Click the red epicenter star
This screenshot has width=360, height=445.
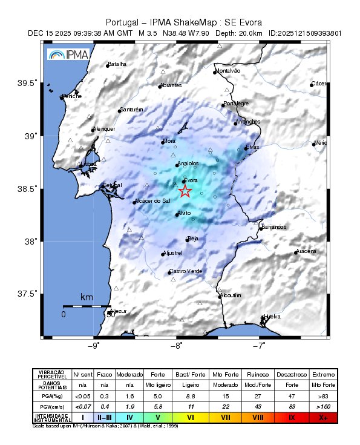pos(185,191)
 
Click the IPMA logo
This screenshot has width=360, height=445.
pos(68,55)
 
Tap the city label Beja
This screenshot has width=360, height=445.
pos(193,239)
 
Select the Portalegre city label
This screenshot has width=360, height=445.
pos(236,104)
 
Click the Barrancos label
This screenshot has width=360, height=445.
pos(273,226)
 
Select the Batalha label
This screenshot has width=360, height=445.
pos(117,64)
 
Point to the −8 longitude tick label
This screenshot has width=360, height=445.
pos(177,346)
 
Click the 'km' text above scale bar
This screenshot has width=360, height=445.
pos(87,298)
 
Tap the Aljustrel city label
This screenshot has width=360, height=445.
pos(173,253)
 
